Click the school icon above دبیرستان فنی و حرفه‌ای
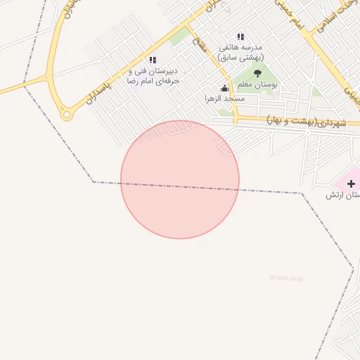tap(153, 60)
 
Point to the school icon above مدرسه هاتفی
tap(240, 37)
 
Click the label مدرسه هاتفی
tap(240, 47)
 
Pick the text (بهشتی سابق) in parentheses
tap(240, 56)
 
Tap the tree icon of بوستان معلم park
tap(257, 73)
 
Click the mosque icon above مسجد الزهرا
tap(225, 88)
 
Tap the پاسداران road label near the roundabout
tap(98, 87)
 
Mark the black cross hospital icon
tap(351, 184)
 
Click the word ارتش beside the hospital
tap(333, 195)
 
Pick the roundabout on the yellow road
tap(67, 113)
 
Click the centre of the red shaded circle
tap(180, 179)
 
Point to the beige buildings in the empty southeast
tap(285, 278)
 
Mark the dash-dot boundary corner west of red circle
tap(94, 182)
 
